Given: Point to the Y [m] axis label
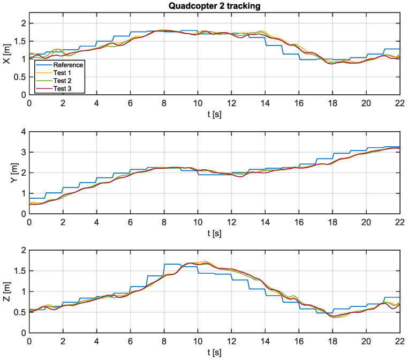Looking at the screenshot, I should click(7, 173).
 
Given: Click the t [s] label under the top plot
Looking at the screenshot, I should click(214, 113).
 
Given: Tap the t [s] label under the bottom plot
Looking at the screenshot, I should click(214, 353).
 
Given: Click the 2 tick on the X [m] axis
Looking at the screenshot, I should click(23, 24).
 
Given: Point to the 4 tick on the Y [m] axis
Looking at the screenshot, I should click(23, 132).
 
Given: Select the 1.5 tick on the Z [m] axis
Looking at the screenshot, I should click(20, 271).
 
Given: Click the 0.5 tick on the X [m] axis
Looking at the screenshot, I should click(20, 77).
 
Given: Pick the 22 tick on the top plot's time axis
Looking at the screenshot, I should click(399, 103).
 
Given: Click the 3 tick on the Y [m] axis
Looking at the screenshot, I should click(23, 153).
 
